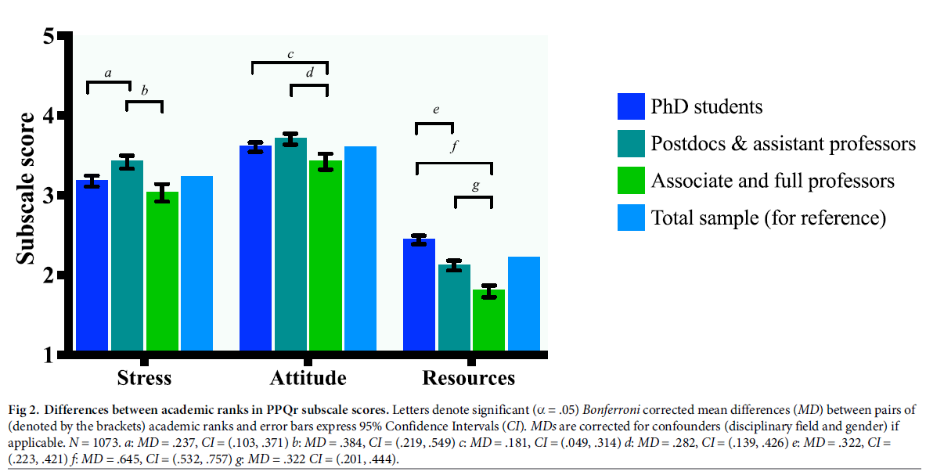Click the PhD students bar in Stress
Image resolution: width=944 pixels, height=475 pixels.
pyautogui.click(x=92, y=266)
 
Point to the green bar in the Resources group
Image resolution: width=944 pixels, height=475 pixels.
pyautogui.click(x=489, y=321)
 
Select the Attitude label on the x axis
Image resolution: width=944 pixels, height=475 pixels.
pyautogui.click(x=308, y=379)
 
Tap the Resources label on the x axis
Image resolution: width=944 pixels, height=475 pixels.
pyautogui.click(x=469, y=379)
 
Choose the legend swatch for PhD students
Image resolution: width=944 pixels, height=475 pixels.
pyautogui.click(x=631, y=106)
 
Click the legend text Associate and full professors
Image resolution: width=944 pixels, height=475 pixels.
pyautogui.click(x=773, y=181)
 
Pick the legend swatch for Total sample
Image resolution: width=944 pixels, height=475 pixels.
pyautogui.click(x=631, y=218)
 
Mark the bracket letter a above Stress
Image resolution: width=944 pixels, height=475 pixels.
pyautogui.click(x=108, y=74)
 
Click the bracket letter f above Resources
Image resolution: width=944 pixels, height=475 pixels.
pyautogui.click(x=453, y=146)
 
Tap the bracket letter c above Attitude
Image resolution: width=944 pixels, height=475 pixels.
pyautogui.click(x=290, y=54)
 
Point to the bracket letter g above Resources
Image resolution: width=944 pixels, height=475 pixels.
pyautogui.click(x=474, y=186)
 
